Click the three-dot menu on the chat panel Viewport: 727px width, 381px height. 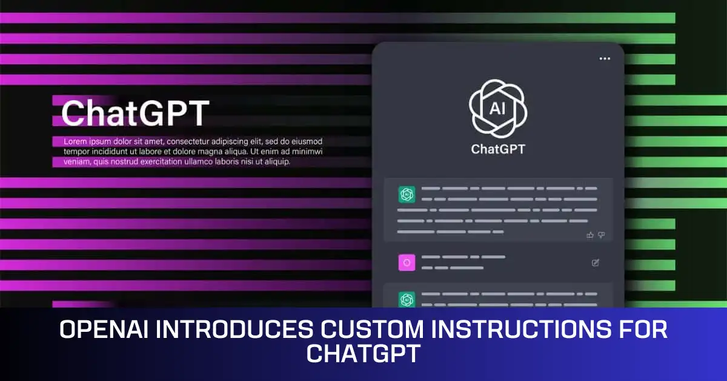tap(605, 59)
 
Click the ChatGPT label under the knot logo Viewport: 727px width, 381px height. tap(498, 149)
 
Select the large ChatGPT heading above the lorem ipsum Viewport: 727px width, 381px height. tap(135, 113)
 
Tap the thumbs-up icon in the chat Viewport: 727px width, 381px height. tap(590, 235)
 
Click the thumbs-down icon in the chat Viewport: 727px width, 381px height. tap(602, 235)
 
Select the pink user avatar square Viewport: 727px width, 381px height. tap(407, 263)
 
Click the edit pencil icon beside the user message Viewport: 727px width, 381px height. tap(596, 263)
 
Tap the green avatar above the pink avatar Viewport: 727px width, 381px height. tap(407, 195)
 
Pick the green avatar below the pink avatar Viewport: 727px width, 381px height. tap(407, 299)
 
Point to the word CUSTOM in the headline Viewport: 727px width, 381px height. tap(361, 330)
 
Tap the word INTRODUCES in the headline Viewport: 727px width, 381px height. tap(232, 330)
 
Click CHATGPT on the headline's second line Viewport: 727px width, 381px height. tap(363, 352)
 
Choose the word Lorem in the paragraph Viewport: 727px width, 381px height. tap(76, 141)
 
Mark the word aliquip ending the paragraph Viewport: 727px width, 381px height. tap(276, 162)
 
